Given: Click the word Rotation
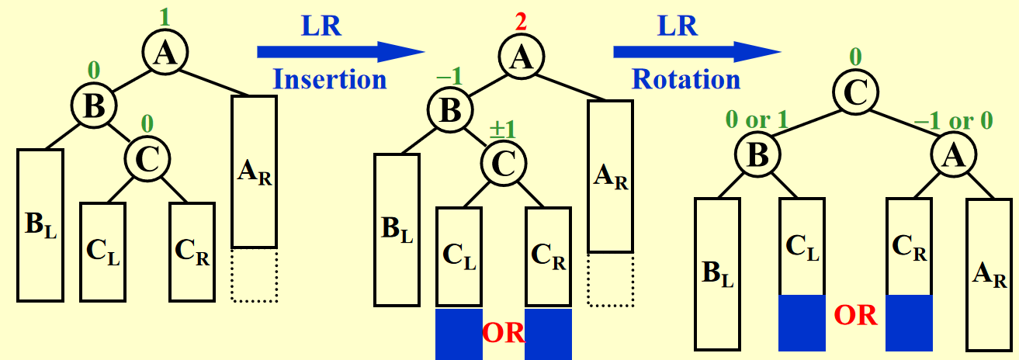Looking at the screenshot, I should [685, 78].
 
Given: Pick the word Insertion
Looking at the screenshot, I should [330, 78].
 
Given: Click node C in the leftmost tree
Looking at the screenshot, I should [147, 158].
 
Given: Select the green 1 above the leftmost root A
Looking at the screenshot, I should [163, 15].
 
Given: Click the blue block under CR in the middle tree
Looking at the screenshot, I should [548, 334].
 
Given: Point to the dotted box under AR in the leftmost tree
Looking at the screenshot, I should [255, 274].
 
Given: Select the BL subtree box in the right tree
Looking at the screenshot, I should [716, 273].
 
